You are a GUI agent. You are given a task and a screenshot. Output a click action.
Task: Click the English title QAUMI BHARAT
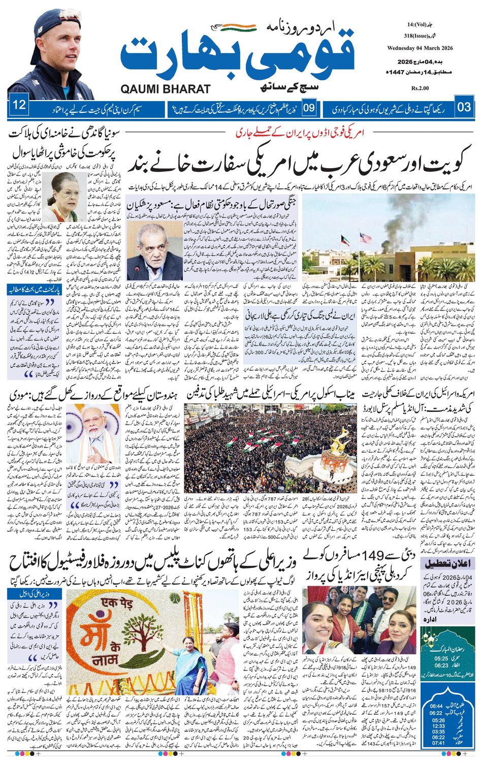166,89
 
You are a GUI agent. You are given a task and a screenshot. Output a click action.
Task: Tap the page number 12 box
20,107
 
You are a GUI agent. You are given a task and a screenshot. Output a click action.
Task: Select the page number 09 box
310,107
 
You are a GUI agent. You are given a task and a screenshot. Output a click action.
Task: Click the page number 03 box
464,107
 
